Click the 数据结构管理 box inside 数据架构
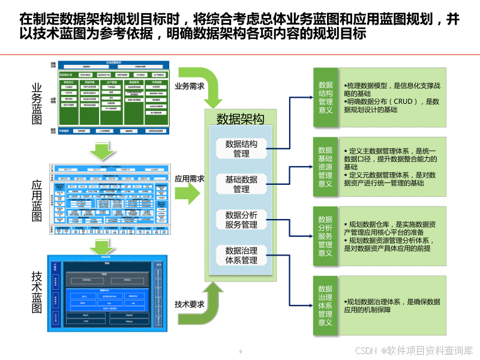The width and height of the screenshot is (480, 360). [241, 149]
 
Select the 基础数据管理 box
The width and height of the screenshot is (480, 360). [241, 184]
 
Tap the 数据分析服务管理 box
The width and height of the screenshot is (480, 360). [241, 220]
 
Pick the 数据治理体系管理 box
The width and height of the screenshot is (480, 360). [241, 255]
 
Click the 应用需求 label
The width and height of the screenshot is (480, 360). [189, 178]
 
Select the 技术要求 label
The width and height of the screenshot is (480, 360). [189, 304]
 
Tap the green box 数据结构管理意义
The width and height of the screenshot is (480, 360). [325, 97]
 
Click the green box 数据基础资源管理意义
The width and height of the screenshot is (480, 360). [325, 167]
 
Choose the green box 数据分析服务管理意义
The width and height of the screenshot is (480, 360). [325, 236]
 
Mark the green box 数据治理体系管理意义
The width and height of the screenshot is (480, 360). [325, 305]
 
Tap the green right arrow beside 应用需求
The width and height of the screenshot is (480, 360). [194, 194]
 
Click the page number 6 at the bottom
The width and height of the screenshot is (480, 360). [241, 351]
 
